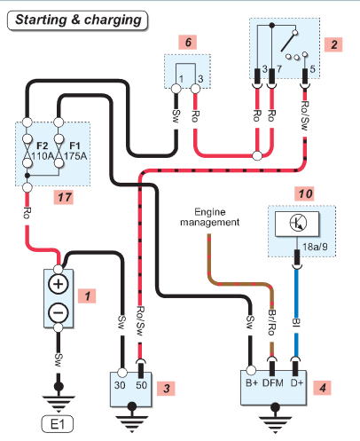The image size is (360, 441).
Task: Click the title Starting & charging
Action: coord(78,20)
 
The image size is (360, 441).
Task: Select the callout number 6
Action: coord(188,43)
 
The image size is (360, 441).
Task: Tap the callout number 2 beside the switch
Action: coord(333,44)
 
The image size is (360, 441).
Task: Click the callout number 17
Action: coord(64,197)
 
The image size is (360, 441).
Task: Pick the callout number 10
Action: coord(305,194)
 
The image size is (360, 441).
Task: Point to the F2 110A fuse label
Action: coord(42,151)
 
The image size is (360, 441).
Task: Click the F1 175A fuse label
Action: coord(75,151)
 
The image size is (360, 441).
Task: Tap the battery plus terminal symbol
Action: coord(59,284)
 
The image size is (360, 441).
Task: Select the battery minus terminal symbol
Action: coord(59,312)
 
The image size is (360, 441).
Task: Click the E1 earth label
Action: coord(58,424)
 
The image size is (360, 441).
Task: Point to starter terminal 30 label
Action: coord(120,385)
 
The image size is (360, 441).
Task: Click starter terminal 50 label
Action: coord(142,385)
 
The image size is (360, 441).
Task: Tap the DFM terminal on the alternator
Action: coord(273,383)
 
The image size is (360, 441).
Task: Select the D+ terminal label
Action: coord(297,383)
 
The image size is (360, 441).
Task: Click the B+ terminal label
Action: coord(252,383)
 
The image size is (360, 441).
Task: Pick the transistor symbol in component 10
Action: coord(298,223)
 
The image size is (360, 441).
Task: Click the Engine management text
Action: coord(210,217)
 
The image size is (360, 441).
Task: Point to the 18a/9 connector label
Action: coord(315,247)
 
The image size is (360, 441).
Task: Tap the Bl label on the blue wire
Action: coord(296,322)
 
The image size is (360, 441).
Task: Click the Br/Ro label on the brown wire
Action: coord(271,322)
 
